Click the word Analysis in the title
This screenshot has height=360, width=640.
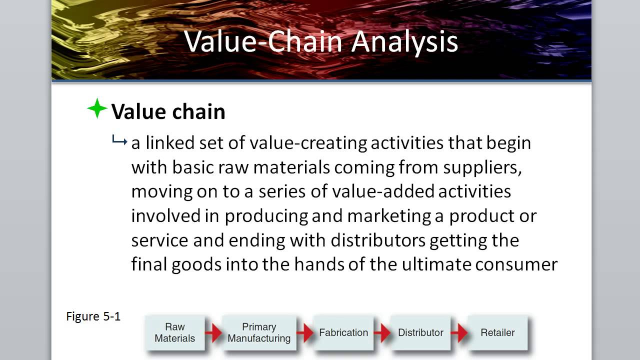pos(404,42)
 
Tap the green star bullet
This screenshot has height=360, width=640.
pos(97,109)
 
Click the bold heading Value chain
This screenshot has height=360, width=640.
pos(168,111)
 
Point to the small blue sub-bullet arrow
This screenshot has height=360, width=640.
pos(119,142)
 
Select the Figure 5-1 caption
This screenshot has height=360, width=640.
pos(93,316)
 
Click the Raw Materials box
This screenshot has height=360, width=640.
pos(175,332)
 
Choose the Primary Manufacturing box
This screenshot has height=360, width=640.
pos(259,332)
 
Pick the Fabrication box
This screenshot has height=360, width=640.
pos(343,332)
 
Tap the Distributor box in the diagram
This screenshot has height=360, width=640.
pos(420,332)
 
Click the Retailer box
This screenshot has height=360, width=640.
pos(497,332)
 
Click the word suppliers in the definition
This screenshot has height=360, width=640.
pos(482,167)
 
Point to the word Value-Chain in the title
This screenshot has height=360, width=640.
pos(264,42)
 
